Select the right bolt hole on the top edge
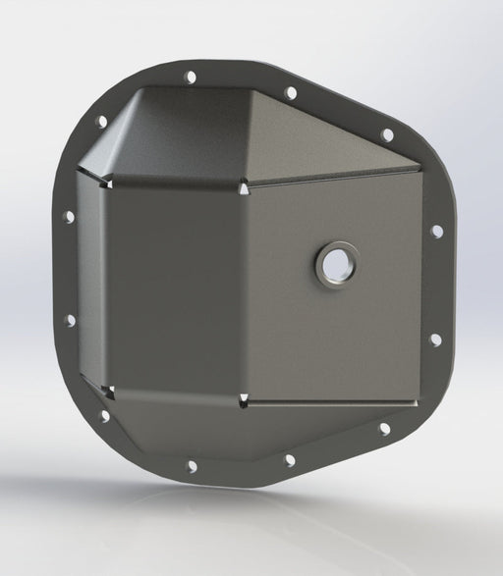[x=291, y=93]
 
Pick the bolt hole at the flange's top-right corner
[x=387, y=135]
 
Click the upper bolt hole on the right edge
[x=437, y=231]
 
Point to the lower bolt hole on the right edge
[x=435, y=340]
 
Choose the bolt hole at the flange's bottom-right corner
[x=384, y=429]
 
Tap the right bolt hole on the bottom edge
[x=289, y=459]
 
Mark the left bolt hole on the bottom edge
[x=192, y=466]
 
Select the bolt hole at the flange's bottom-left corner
[x=104, y=416]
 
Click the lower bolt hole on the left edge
[x=70, y=320]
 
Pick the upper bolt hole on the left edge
[x=69, y=216]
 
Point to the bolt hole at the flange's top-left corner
[x=101, y=122]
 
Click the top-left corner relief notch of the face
[x=111, y=182]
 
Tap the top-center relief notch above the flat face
[x=243, y=183]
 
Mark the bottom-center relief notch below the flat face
[x=243, y=398]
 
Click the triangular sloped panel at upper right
[x=324, y=142]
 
